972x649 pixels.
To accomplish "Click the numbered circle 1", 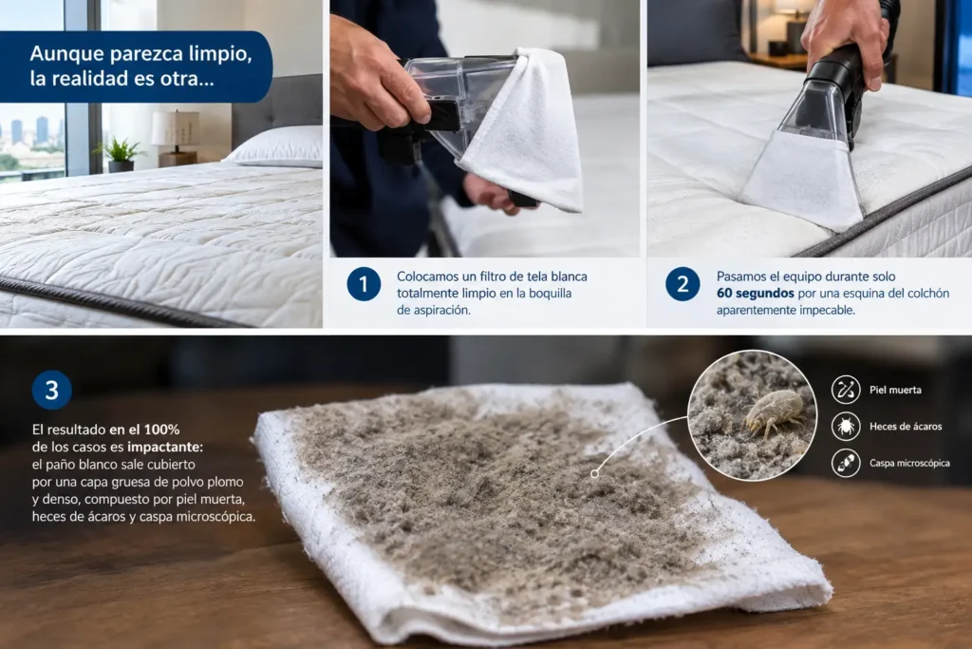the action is [x=364, y=284].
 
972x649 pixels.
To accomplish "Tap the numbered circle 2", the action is [x=682, y=284].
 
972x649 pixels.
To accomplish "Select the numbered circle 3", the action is [x=52, y=391].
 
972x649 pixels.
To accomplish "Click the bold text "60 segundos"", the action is [x=755, y=293].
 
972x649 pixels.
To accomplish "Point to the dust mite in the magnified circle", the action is [x=771, y=411].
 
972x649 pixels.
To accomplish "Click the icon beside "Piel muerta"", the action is [x=846, y=390].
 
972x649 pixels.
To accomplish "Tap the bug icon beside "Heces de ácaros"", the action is [x=846, y=427].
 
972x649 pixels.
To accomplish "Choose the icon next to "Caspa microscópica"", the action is [x=846, y=463].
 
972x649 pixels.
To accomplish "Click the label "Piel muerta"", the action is [x=895, y=390].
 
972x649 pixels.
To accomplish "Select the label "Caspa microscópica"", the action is [x=909, y=463].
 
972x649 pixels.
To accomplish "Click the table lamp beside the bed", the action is [x=177, y=138].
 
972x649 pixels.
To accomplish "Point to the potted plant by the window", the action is [x=120, y=155].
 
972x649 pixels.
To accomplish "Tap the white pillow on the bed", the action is [x=276, y=147].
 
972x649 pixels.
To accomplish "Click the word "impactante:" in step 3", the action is [x=165, y=447].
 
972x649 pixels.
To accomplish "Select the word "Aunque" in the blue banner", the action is [x=67, y=54].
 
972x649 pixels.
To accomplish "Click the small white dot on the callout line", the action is [x=594, y=474].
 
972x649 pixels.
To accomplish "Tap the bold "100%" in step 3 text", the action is [x=161, y=429].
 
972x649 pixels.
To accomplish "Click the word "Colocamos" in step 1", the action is [x=428, y=277].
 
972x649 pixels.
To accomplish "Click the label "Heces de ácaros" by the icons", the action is [x=906, y=427].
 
